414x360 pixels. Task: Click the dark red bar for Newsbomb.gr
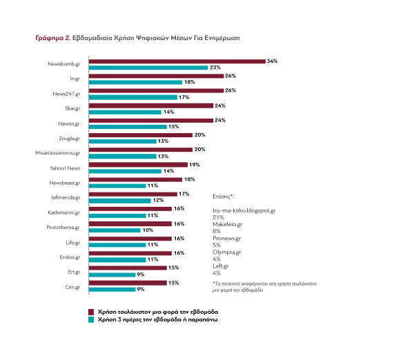pos(177,61)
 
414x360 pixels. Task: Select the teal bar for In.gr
pos(135,82)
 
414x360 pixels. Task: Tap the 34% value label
pos(272,61)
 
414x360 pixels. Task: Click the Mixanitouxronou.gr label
pos(58,152)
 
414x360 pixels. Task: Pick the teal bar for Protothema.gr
pos(114,230)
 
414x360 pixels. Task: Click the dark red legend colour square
pos(91,312)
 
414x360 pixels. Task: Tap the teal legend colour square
pos(91,321)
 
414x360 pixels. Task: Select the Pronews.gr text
pos(227,238)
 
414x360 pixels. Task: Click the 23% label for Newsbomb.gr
pos(215,68)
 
